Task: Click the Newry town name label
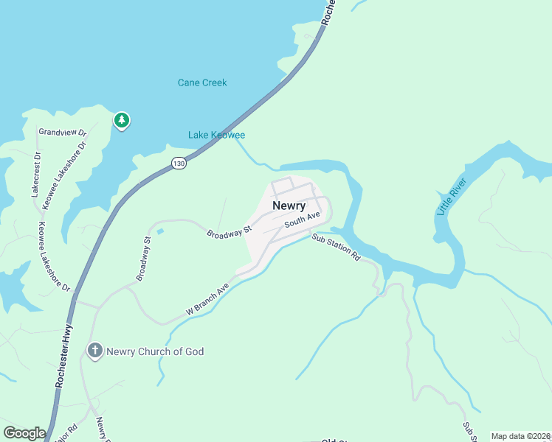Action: coord(289,206)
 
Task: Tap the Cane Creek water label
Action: coord(202,83)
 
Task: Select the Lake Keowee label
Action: coord(216,135)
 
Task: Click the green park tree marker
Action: coord(121,119)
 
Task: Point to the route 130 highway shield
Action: coord(179,164)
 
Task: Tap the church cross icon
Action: coord(94,351)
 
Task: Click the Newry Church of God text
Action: coord(155,351)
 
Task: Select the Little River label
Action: coord(447,200)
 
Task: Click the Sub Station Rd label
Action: coord(335,248)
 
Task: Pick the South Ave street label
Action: coord(303,219)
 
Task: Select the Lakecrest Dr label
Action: coord(35,174)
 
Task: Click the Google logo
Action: coord(24,433)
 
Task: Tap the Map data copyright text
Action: coord(520,436)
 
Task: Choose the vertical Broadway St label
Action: coord(142,259)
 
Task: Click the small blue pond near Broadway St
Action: coord(160,232)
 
